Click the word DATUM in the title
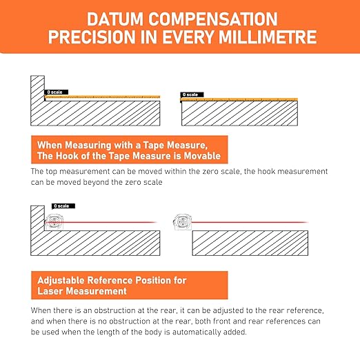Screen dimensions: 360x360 pos(115,19)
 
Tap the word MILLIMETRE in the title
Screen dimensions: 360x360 pos(268,37)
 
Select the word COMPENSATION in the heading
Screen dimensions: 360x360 pos(213,19)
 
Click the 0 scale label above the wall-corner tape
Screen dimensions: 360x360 pos(57,92)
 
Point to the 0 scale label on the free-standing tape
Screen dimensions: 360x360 pos(192,94)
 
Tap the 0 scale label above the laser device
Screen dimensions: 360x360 pos(63,206)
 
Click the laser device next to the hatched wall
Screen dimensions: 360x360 pos(54,222)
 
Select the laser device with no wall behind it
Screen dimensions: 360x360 pos(182,222)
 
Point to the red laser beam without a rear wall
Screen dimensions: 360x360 pos(250,222)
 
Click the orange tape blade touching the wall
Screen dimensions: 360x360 pos(102,97)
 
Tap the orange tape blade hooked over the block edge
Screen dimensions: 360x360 pos(239,99)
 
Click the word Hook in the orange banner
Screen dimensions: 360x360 pos(67,156)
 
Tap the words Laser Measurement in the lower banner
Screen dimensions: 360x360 pos(82,291)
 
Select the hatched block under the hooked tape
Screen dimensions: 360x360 pos(239,113)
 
